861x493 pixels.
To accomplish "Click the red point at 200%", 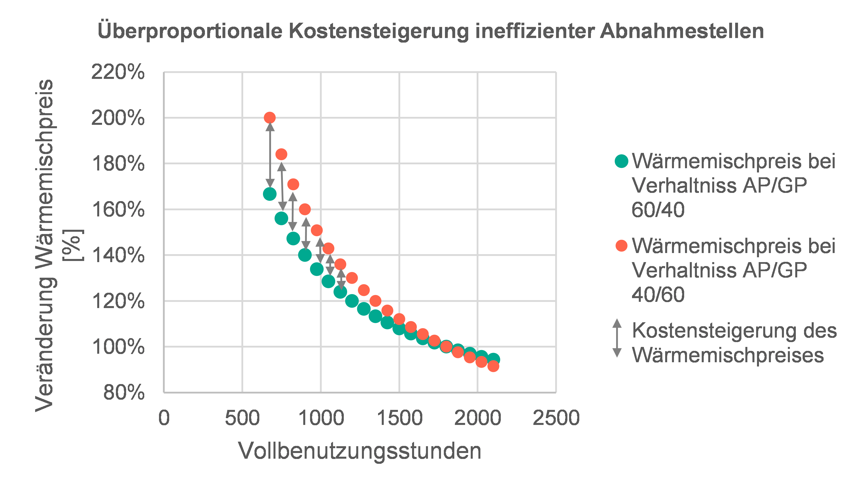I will coord(270,118).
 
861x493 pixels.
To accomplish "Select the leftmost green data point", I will coord(270,194).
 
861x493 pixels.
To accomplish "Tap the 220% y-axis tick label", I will coord(118,72).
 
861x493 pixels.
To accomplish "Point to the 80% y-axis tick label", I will coord(124,393).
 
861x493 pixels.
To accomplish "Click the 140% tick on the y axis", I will coord(118,255).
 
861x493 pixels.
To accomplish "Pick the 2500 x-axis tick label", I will coord(556,418).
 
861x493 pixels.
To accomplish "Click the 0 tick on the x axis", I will coord(164,418).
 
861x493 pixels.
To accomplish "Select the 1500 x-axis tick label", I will coord(400,418).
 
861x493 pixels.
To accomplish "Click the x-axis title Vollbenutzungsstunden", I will coord(360,451).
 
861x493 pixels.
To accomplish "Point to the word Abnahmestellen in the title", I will coord(682,31).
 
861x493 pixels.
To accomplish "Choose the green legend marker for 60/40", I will coord(622,161).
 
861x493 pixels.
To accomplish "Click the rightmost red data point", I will coord(493,366).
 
